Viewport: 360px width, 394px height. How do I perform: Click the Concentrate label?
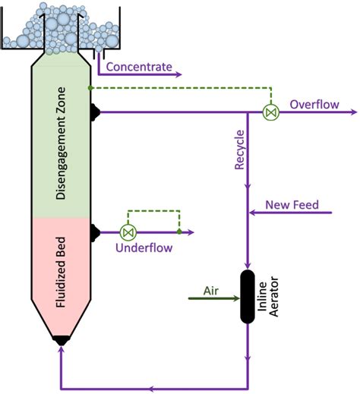pyautogui.click(x=139, y=66)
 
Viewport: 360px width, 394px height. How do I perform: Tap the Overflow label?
pyautogui.click(x=313, y=104)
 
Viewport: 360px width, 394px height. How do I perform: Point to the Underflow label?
pyautogui.click(x=144, y=247)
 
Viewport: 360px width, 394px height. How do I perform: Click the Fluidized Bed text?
pyautogui.click(x=60, y=276)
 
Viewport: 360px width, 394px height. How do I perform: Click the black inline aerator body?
pyautogui.click(x=248, y=297)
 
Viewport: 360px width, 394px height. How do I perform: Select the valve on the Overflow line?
pyautogui.click(x=269, y=112)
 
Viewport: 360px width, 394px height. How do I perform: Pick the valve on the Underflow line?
pyautogui.click(x=128, y=232)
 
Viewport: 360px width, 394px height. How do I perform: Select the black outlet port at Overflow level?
pyautogui.click(x=96, y=112)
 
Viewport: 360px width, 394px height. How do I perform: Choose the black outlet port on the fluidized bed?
pyautogui.click(x=96, y=232)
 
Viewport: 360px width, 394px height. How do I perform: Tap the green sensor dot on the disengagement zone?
pyautogui.click(x=90, y=87)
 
